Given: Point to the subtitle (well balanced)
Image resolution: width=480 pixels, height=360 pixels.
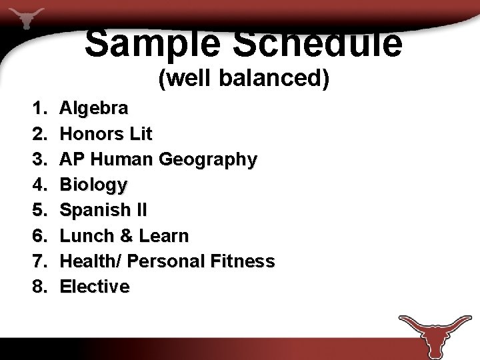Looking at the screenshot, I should (244, 79).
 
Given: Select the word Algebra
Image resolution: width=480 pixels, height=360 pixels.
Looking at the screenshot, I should (95, 107).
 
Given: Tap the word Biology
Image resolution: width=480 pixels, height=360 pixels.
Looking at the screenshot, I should (93, 185).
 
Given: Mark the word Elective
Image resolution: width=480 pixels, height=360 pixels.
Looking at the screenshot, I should (95, 287).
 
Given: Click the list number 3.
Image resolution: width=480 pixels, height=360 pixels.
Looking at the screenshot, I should (38, 159).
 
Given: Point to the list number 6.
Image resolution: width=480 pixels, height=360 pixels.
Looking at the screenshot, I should (38, 235).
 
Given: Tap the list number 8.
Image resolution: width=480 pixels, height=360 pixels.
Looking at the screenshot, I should (38, 287).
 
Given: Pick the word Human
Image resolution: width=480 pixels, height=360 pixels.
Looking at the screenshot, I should (122, 159).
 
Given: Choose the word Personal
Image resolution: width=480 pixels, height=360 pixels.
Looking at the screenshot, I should (167, 261).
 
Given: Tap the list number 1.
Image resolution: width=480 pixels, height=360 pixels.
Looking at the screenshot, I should (38, 107).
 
